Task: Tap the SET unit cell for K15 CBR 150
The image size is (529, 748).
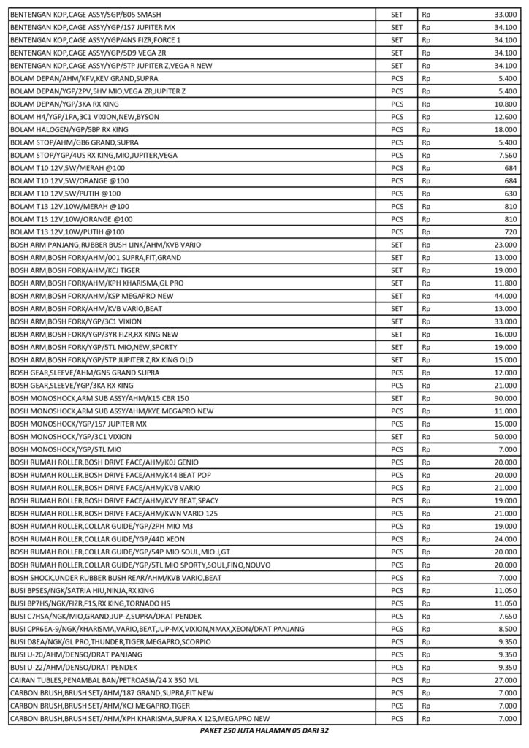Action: tap(397, 398)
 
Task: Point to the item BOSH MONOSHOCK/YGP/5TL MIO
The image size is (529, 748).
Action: tap(65, 449)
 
